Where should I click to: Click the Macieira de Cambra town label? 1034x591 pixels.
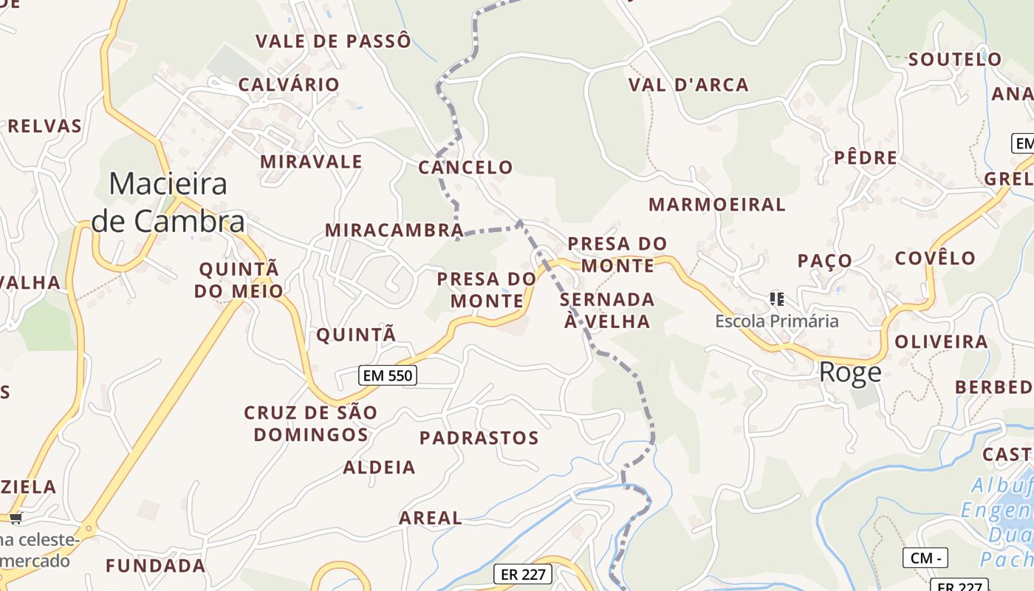168,202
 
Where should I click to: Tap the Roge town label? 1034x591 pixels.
850,372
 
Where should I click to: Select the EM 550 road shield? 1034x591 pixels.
388,375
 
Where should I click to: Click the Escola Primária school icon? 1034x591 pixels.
776,299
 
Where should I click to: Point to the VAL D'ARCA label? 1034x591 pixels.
688,85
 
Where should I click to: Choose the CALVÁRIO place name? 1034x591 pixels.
289,84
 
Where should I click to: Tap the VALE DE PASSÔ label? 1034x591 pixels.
333,41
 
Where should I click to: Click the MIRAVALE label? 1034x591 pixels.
311,162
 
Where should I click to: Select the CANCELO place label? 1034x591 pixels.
465,168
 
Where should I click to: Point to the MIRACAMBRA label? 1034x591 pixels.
394,230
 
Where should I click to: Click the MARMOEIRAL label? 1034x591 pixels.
716,205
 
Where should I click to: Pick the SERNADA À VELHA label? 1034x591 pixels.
607,310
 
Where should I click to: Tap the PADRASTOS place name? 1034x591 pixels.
479,437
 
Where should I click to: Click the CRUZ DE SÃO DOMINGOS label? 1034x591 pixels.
311,423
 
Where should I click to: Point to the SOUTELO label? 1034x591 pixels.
955,59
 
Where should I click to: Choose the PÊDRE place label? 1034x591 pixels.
866,157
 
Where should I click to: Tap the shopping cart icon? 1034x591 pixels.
16,518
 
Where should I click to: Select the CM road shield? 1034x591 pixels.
925,558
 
